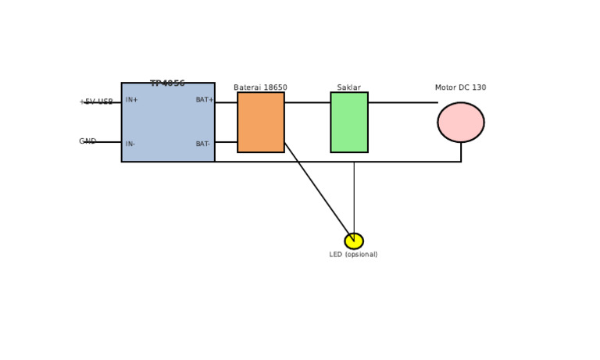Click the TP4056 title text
click(x=167, y=84)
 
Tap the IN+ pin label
click(x=131, y=100)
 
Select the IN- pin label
click(x=130, y=144)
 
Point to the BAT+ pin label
click(x=204, y=100)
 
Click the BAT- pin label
click(x=202, y=144)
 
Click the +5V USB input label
click(x=96, y=102)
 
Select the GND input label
click(x=87, y=141)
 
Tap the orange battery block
click(x=260, y=123)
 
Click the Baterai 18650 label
click(x=260, y=87)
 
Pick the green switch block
click(x=348, y=123)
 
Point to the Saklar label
click(x=348, y=87)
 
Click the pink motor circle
click(x=460, y=123)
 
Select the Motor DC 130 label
click(x=460, y=87)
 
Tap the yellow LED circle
click(x=353, y=241)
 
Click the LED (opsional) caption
click(x=353, y=255)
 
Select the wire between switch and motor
click(x=402, y=102)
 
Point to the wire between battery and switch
click(x=307, y=102)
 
